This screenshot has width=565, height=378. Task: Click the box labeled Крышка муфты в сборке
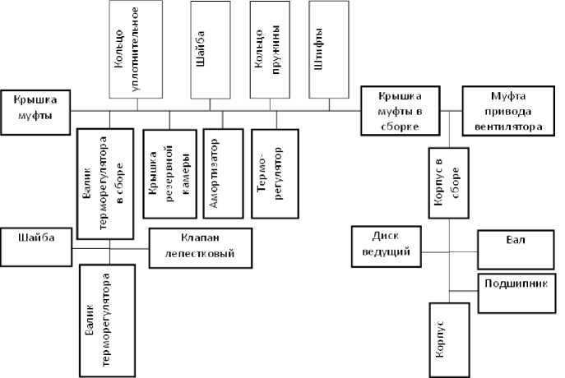[400, 110]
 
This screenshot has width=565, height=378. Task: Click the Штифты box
[328, 49]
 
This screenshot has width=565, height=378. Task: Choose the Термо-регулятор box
[274, 173]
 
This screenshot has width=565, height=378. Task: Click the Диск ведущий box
[386, 245]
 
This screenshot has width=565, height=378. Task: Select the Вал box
[516, 244]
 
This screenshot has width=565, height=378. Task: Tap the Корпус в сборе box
[449, 183]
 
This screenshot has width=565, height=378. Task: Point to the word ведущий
[386, 251]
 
